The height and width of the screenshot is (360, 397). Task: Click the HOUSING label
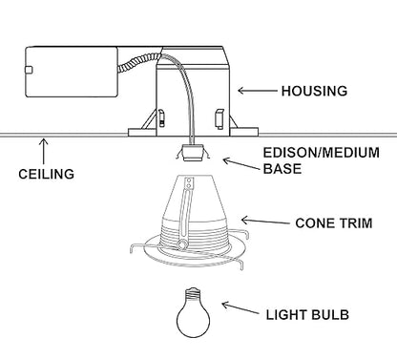click(314, 91)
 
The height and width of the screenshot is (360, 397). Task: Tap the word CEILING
click(47, 174)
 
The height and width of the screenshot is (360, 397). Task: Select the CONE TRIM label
click(334, 223)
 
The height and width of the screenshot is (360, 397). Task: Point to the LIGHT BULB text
click(307, 315)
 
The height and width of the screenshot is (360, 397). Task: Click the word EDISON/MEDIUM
click(322, 153)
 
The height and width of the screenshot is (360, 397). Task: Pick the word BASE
click(282, 169)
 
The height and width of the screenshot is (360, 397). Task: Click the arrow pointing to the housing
click(258, 91)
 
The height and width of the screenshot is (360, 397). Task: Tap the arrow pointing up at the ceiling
click(44, 151)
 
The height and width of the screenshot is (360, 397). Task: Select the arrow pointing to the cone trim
click(265, 221)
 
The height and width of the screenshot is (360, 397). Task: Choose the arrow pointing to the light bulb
click(240, 308)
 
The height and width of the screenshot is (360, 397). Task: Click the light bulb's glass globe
click(194, 318)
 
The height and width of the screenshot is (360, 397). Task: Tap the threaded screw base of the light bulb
click(194, 293)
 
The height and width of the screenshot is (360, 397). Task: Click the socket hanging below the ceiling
click(193, 153)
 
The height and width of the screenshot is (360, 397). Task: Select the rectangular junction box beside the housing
click(72, 72)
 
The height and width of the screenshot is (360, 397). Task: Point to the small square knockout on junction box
click(29, 70)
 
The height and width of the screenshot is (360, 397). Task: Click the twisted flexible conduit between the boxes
click(139, 63)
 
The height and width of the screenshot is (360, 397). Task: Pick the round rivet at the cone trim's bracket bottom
click(182, 244)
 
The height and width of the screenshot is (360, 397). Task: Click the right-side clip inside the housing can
click(219, 119)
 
